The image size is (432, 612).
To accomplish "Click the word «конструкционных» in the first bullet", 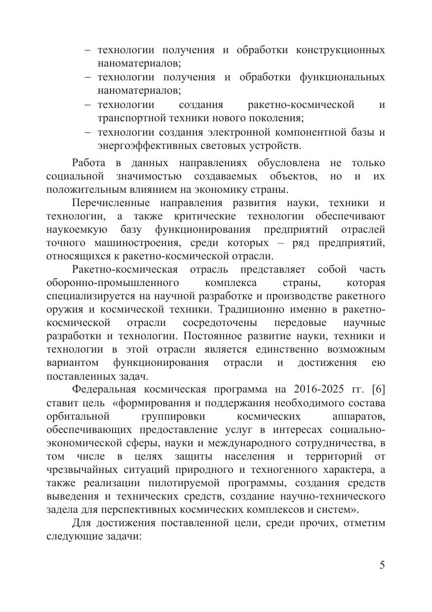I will coord(341,50).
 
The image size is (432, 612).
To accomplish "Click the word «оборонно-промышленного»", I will coord(112,283).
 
